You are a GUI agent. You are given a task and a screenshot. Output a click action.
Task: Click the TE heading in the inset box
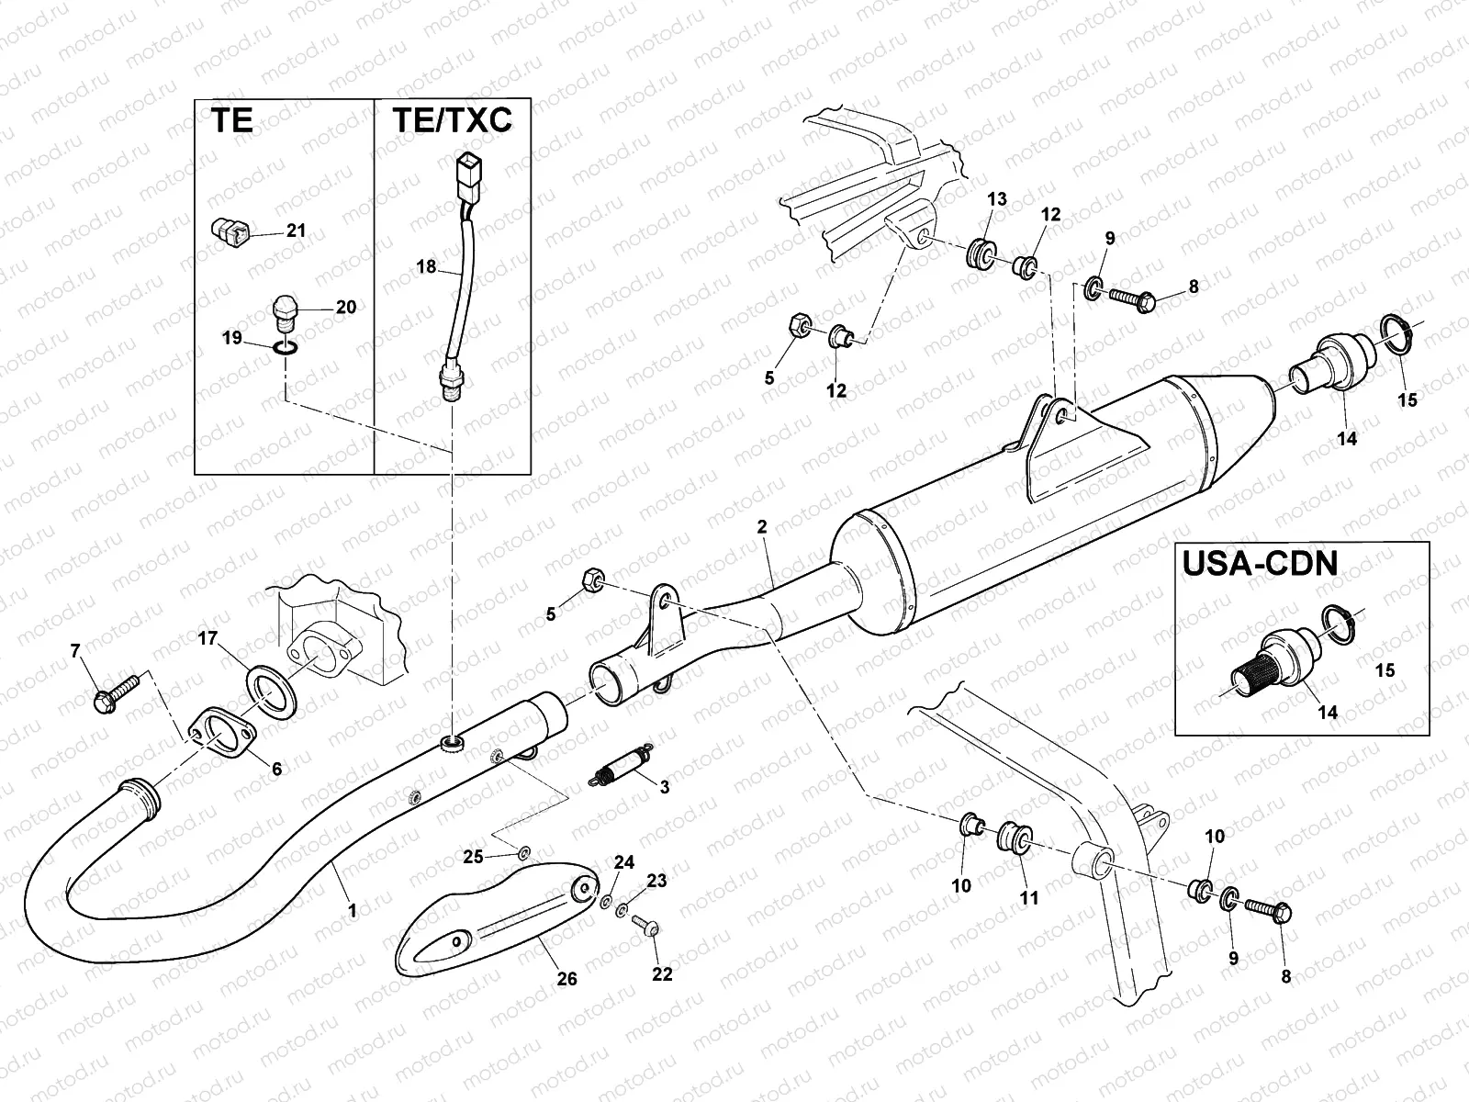pyautogui.click(x=232, y=122)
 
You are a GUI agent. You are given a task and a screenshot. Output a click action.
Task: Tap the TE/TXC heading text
pyautogui.click(x=452, y=122)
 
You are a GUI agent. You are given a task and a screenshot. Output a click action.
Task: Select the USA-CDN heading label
pyautogui.click(x=1259, y=564)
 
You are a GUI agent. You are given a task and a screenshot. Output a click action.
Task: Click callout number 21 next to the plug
pyautogui.click(x=296, y=231)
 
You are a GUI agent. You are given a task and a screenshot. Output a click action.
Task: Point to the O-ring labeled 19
pyautogui.click(x=286, y=348)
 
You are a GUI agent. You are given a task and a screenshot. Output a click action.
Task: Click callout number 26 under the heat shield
pyautogui.click(x=567, y=979)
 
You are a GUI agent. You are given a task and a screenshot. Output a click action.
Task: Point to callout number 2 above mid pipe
pyautogui.click(x=761, y=527)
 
